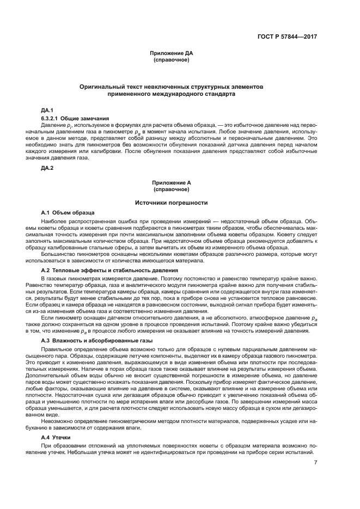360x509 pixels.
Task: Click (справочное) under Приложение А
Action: click(x=172, y=190)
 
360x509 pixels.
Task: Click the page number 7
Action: click(x=315, y=463)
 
